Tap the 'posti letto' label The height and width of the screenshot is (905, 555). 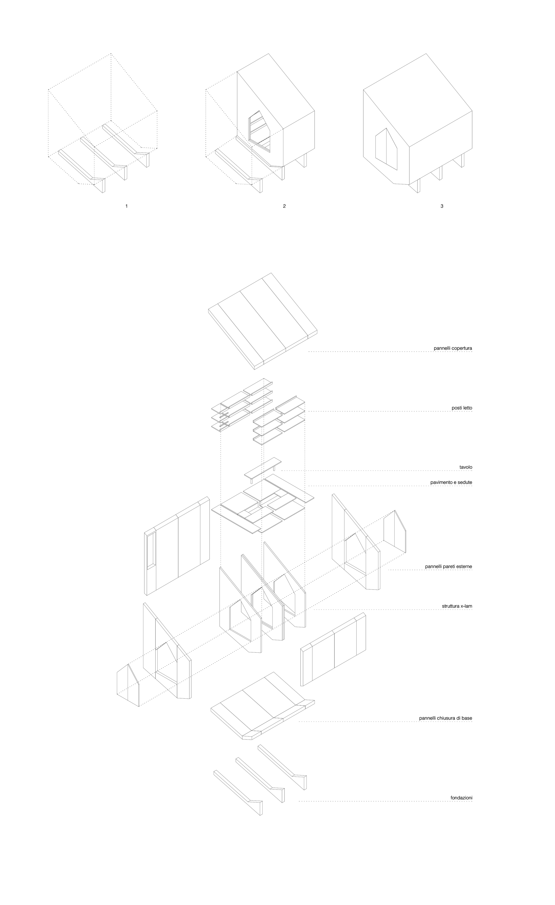pyautogui.click(x=462, y=408)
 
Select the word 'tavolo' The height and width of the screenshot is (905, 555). pyautogui.click(x=466, y=467)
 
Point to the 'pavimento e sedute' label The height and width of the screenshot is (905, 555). pyautogui.click(x=451, y=482)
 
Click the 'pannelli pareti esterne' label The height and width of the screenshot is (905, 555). pyautogui.click(x=448, y=566)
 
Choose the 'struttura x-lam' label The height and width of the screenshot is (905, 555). pyautogui.click(x=457, y=606)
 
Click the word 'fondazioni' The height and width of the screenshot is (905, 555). pyautogui.click(x=461, y=798)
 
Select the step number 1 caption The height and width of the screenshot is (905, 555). pyautogui.click(x=127, y=206)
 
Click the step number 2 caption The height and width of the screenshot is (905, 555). pyautogui.click(x=284, y=206)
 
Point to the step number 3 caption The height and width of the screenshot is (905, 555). pyautogui.click(x=442, y=206)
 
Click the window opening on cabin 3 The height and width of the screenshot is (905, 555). pyautogui.click(x=386, y=149)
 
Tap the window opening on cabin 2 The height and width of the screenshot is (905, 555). pyautogui.click(x=259, y=131)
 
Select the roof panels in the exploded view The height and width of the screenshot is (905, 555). pyautogui.click(x=263, y=320)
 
